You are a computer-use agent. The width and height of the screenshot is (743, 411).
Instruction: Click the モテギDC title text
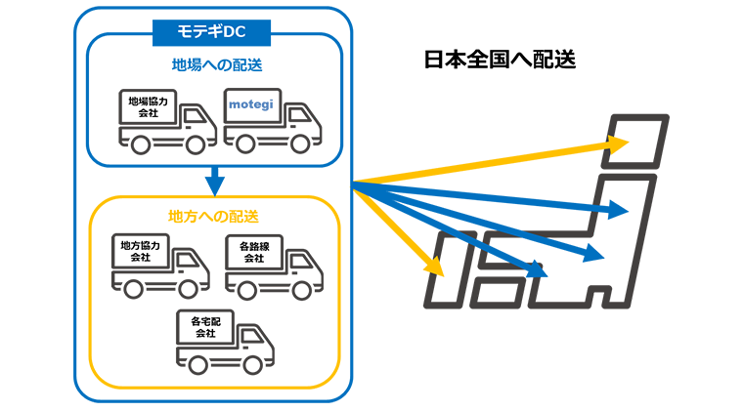(210, 32)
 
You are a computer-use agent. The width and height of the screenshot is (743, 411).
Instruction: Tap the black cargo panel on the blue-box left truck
(149, 104)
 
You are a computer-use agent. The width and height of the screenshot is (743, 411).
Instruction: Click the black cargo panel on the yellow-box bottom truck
(204, 325)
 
